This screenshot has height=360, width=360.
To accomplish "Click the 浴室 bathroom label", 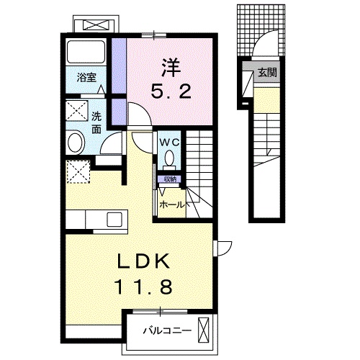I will [87, 78].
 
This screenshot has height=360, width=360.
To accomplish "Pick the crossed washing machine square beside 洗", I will [76, 112].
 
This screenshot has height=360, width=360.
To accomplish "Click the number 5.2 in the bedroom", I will [171, 92].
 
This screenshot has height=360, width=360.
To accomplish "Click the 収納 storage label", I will [170, 178].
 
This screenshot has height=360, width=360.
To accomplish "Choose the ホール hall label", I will [173, 204].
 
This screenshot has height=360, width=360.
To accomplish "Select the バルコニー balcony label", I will [166, 332].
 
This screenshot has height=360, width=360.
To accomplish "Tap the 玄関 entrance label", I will [267, 71].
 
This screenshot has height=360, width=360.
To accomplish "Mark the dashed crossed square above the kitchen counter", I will [76, 172].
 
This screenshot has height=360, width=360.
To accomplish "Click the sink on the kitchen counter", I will [115, 219].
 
